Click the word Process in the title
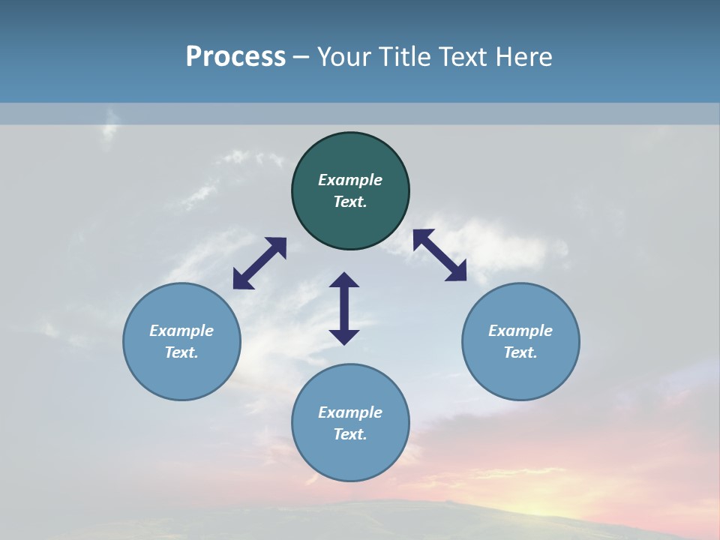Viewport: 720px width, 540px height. click(x=235, y=57)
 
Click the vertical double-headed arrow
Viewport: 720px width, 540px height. click(x=344, y=308)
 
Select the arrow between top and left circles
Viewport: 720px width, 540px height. click(x=259, y=263)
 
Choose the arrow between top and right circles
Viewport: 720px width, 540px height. click(x=440, y=255)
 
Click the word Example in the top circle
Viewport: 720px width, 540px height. click(x=350, y=180)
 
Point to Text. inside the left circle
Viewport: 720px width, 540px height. click(x=181, y=352)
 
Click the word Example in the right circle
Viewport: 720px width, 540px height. click(x=520, y=331)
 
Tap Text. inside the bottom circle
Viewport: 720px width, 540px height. click(x=350, y=434)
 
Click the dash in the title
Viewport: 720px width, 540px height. click(x=301, y=58)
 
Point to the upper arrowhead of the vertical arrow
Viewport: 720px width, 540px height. click(x=344, y=280)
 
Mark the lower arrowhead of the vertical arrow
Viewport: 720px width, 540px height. click(x=344, y=337)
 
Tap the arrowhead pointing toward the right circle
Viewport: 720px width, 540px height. click(x=457, y=272)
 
